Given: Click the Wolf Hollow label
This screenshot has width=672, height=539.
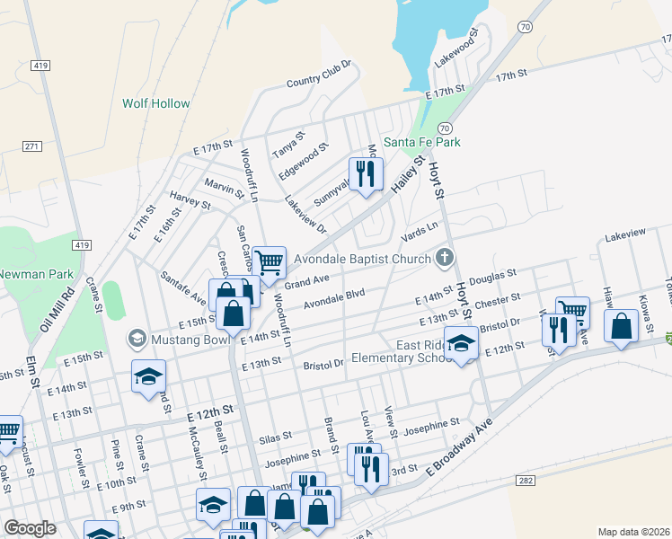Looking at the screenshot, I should coord(156,103).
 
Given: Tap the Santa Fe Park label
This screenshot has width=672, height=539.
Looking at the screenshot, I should coord(422,142).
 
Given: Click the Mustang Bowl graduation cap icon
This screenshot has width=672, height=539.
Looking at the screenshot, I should coord(137,338).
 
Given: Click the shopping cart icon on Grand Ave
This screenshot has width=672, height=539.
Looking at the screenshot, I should coord(269,262).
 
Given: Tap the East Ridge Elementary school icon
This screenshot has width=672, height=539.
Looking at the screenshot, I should coord(462,344).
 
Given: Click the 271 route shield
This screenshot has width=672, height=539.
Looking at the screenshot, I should coord(32,146).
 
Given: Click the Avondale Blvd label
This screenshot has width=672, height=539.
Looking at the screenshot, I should coord(334,302).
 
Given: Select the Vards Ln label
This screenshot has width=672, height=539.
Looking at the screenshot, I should coord(420,233).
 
